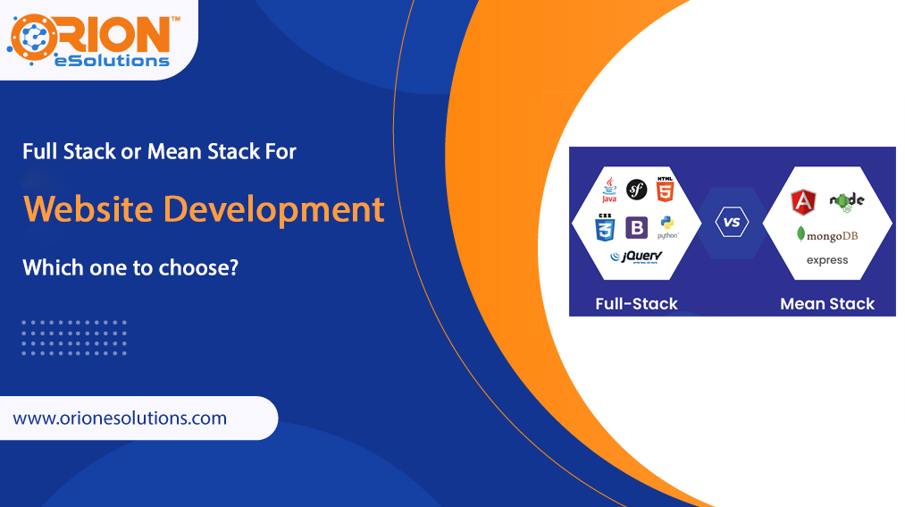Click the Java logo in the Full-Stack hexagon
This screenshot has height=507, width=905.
(609, 190)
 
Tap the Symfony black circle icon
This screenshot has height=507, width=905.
(636, 189)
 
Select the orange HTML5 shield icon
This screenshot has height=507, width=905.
(664, 190)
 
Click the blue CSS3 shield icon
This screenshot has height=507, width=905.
(606, 227)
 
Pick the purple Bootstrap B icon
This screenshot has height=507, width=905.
(636, 227)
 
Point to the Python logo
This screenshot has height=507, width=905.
(667, 227)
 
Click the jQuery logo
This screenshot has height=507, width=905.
(635, 257)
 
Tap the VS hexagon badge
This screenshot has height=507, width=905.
(732, 222)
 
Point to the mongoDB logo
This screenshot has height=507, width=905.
(827, 235)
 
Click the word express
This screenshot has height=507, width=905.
(827, 260)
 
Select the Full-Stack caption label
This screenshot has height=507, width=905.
(636, 304)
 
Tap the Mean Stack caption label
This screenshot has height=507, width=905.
(827, 304)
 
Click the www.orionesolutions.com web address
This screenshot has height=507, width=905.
(120, 418)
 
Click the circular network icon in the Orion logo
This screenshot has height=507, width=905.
(33, 38)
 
